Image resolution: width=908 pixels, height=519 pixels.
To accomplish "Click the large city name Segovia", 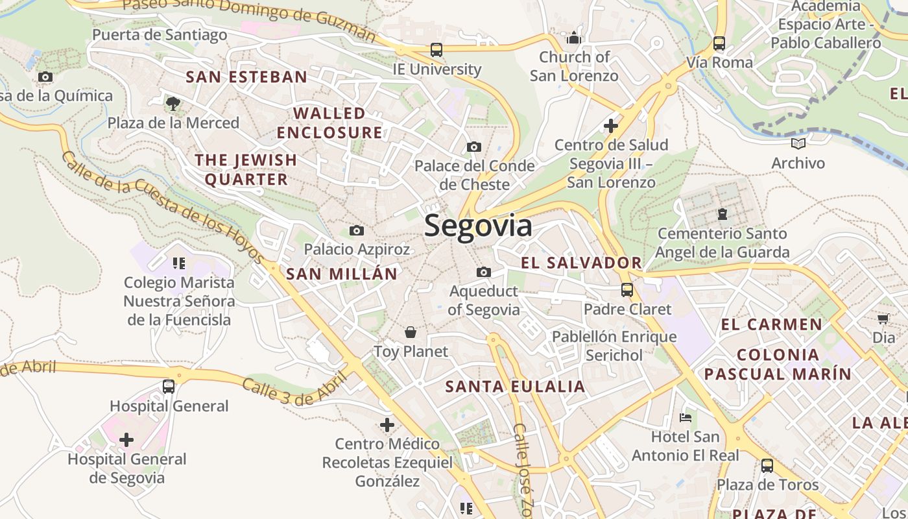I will [478, 226].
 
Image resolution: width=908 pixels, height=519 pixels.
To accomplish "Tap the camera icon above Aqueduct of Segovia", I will [483, 272].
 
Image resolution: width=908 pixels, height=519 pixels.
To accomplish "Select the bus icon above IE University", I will [436, 49].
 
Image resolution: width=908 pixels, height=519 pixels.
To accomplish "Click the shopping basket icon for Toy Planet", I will [410, 333].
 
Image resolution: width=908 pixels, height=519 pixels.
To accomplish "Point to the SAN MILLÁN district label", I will [341, 274].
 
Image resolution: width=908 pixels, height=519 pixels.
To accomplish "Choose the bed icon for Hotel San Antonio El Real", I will [686, 418].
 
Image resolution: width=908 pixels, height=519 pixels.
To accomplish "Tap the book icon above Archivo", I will [797, 143].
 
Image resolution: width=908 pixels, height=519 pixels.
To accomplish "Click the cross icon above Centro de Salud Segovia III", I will [610, 125].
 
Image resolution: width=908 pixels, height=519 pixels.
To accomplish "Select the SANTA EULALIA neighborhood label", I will [515, 387].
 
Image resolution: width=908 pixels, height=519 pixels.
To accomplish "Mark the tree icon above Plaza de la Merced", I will [173, 103].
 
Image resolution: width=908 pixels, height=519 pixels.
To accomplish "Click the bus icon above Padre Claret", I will [627, 290].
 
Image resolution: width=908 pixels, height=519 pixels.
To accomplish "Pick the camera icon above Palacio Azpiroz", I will [356, 230].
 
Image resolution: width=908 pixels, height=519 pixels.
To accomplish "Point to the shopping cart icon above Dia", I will [883, 319].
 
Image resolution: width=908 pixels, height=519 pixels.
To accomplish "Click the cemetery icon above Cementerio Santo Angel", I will [722, 213].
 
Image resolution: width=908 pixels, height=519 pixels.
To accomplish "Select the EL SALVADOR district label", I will [581, 263].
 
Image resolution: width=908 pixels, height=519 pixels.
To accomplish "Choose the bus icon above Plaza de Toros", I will [767, 465].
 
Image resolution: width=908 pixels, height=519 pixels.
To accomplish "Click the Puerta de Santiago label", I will [160, 34].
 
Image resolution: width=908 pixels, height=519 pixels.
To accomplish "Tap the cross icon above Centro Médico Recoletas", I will [387, 425].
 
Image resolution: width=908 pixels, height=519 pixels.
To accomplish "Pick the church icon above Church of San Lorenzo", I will [573, 38].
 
